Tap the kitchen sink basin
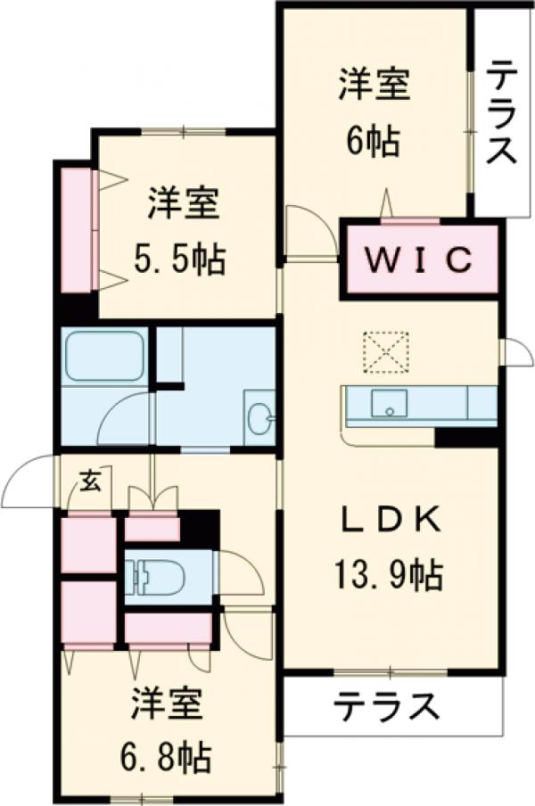pyautogui.click(x=389, y=403)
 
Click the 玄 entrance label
pyautogui.click(x=91, y=483)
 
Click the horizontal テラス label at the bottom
pyautogui.click(x=388, y=709)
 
